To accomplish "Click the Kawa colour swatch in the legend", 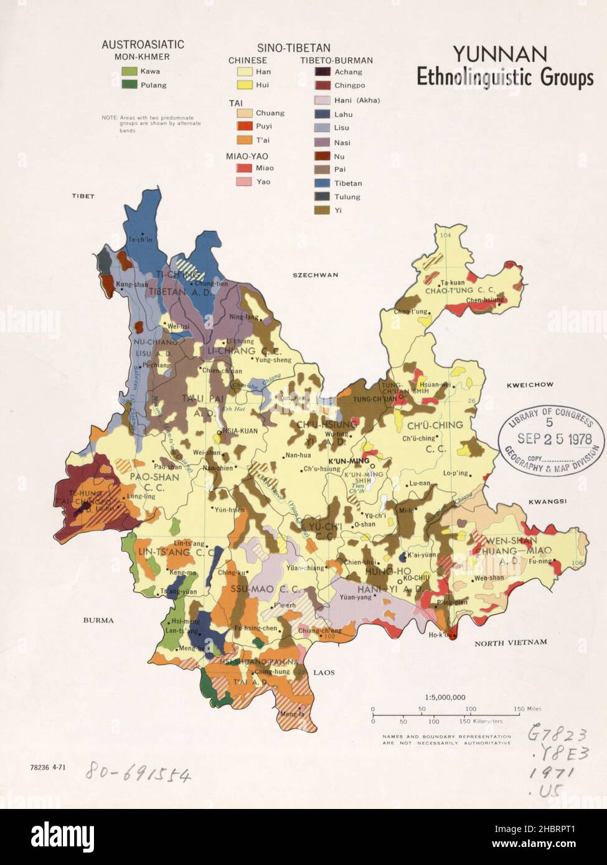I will (x=129, y=72).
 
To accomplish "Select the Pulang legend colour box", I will (x=129, y=85).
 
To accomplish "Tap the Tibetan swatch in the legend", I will (x=322, y=184).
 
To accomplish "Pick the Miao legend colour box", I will (x=243, y=168).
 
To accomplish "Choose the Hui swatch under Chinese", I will (x=243, y=85).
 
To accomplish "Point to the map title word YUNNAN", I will (x=491, y=54).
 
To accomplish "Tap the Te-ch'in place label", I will (x=140, y=239).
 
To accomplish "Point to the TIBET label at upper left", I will (x=82, y=196).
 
